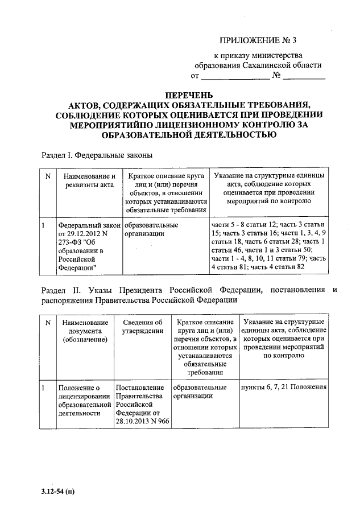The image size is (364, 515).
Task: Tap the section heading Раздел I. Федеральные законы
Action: [97, 155]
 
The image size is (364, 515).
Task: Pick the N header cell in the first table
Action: [48, 176]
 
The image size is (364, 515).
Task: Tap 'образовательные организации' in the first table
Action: [150, 229]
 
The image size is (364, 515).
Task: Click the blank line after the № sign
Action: [304, 76]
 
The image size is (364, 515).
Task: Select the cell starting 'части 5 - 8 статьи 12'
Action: [268, 250]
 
